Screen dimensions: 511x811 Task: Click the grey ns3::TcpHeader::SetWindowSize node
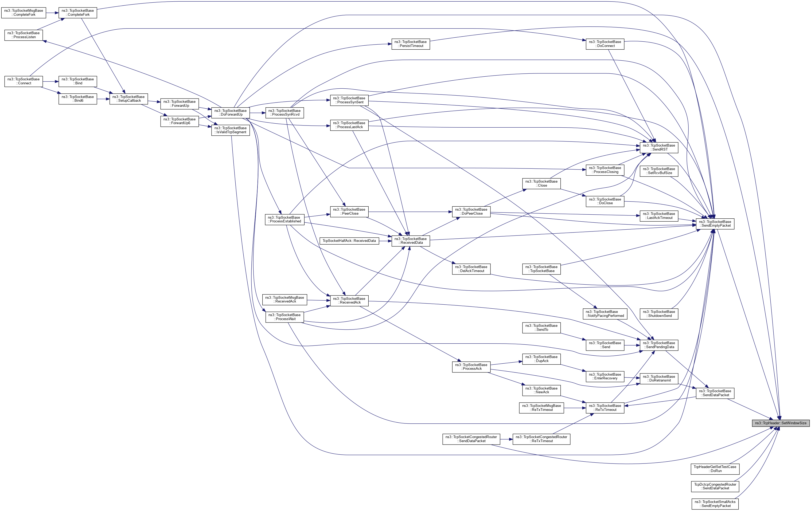(x=780, y=423)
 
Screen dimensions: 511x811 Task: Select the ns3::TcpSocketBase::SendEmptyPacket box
(x=715, y=224)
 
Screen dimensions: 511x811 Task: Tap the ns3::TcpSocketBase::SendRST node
(x=659, y=147)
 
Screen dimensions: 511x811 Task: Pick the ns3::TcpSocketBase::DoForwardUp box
(x=230, y=112)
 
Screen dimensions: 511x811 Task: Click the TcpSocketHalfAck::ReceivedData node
(x=349, y=241)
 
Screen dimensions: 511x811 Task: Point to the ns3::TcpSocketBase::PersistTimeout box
(x=411, y=44)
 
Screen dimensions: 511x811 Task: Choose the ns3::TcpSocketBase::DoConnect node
(x=605, y=44)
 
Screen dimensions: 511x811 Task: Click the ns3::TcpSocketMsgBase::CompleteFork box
(x=24, y=13)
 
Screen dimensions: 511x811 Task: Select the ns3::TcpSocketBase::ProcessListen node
(x=24, y=35)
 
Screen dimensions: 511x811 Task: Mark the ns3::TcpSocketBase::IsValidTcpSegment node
(x=230, y=130)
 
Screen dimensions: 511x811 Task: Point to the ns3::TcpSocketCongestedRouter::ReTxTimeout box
(x=541, y=439)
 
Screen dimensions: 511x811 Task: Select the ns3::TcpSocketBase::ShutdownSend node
(x=659, y=314)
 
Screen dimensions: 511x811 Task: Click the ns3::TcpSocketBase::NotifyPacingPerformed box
(x=605, y=314)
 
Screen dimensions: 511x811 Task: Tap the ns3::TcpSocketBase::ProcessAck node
(x=471, y=367)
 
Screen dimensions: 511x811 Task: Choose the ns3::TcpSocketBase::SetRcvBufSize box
(x=659, y=171)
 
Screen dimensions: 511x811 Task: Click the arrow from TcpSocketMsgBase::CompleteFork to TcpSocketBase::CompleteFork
(x=52, y=13)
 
